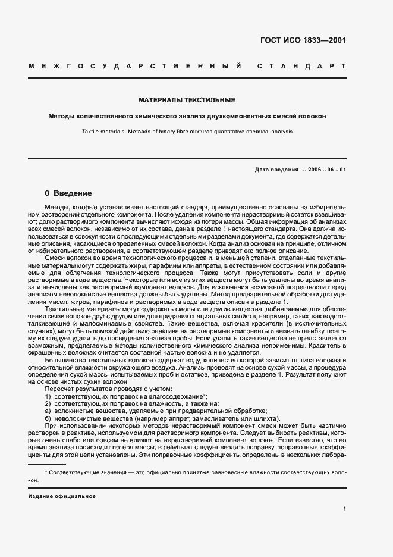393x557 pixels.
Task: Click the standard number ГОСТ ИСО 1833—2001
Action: (x=303, y=40)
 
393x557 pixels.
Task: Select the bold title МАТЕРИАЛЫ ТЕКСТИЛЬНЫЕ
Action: (x=187, y=100)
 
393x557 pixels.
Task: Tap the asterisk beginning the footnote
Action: (x=46, y=472)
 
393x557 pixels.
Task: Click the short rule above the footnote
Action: (x=47, y=463)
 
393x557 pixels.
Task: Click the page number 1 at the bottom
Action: (x=345, y=508)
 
